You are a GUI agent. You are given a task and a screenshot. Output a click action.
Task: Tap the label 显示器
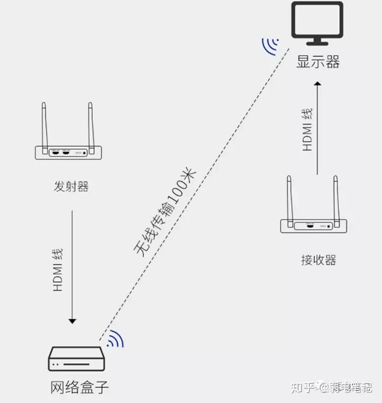(318, 62)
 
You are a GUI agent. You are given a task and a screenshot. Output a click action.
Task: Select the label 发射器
(71, 187)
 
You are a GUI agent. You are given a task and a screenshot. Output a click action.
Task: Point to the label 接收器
(318, 259)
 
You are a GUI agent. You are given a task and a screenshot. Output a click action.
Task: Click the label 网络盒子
(79, 388)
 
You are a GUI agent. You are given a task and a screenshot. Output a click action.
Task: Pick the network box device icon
(77, 359)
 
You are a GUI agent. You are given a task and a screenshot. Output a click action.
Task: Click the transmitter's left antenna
(44, 125)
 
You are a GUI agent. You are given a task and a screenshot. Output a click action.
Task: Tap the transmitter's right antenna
(90, 125)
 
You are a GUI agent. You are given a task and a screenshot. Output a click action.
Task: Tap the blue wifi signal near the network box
(116, 339)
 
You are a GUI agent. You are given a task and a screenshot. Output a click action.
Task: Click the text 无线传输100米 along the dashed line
(165, 212)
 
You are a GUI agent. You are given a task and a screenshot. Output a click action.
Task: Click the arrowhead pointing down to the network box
(72, 321)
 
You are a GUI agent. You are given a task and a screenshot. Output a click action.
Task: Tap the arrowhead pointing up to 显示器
(318, 84)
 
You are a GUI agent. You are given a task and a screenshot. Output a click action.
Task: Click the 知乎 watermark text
(302, 388)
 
